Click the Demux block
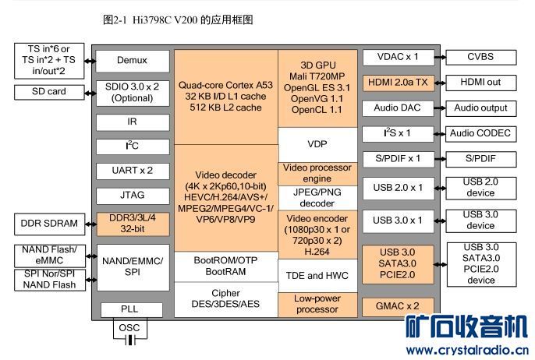[132, 60]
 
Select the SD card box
[48, 92]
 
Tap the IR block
[132, 122]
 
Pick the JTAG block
[132, 195]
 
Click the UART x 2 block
[132, 170]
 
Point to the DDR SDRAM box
[48, 224]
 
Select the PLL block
[129, 309]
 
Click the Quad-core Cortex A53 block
[225, 96]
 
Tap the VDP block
[317, 144]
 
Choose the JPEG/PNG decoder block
[317, 198]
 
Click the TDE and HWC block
[317, 276]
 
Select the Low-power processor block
[317, 304]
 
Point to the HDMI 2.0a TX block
[398, 82]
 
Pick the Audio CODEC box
[480, 133]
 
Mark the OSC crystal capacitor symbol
[129, 340]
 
